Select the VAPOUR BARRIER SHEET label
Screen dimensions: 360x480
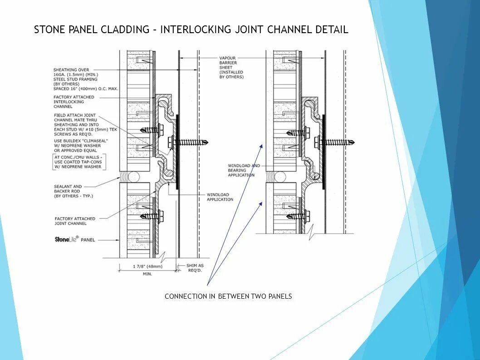click(231, 68)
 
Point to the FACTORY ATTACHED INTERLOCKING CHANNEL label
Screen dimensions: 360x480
click(74, 102)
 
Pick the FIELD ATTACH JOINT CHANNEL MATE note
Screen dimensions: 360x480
click(75, 124)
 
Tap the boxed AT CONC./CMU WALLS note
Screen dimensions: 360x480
click(78, 162)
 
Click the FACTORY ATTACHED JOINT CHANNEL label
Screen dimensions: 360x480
click(75, 221)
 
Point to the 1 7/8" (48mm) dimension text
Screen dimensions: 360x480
click(147, 266)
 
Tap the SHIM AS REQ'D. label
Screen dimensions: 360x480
click(195, 267)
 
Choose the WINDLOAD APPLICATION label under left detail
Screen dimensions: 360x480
click(220, 197)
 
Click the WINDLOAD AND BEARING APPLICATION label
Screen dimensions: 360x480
click(244, 170)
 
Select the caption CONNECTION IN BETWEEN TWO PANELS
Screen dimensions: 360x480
click(228, 296)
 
